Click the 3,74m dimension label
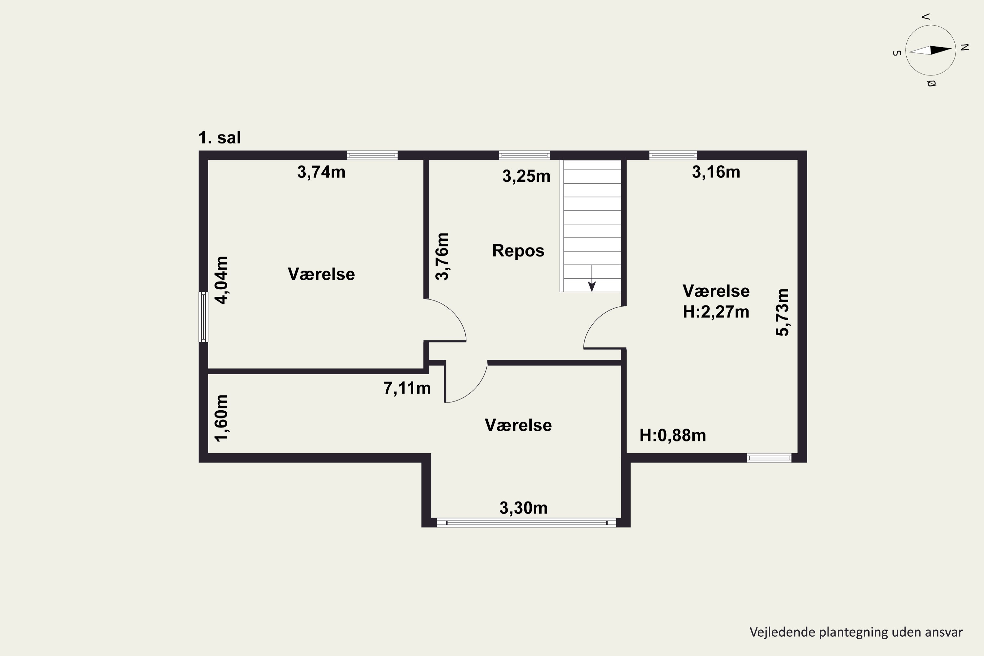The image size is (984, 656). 321,172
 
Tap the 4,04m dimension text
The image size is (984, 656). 221,280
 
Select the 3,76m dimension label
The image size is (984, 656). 442,256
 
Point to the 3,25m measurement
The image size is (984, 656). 526,176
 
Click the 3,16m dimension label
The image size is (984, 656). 716,172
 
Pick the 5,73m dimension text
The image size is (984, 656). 782,312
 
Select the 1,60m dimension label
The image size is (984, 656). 221,418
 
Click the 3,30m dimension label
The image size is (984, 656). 523,508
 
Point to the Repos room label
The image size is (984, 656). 518,251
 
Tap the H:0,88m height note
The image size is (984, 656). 673,436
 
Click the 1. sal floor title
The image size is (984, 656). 220,138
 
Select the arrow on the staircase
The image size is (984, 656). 592,278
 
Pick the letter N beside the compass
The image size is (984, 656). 965,47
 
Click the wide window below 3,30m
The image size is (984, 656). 526,523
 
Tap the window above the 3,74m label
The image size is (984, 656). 372,155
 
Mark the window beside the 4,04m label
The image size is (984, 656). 203,317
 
